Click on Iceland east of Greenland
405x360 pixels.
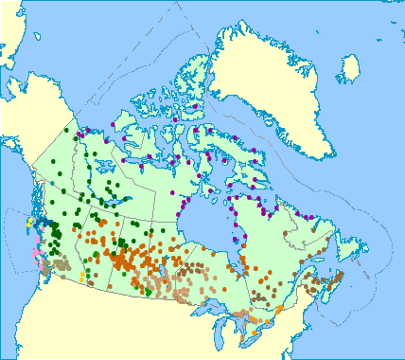(x=350, y=69)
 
